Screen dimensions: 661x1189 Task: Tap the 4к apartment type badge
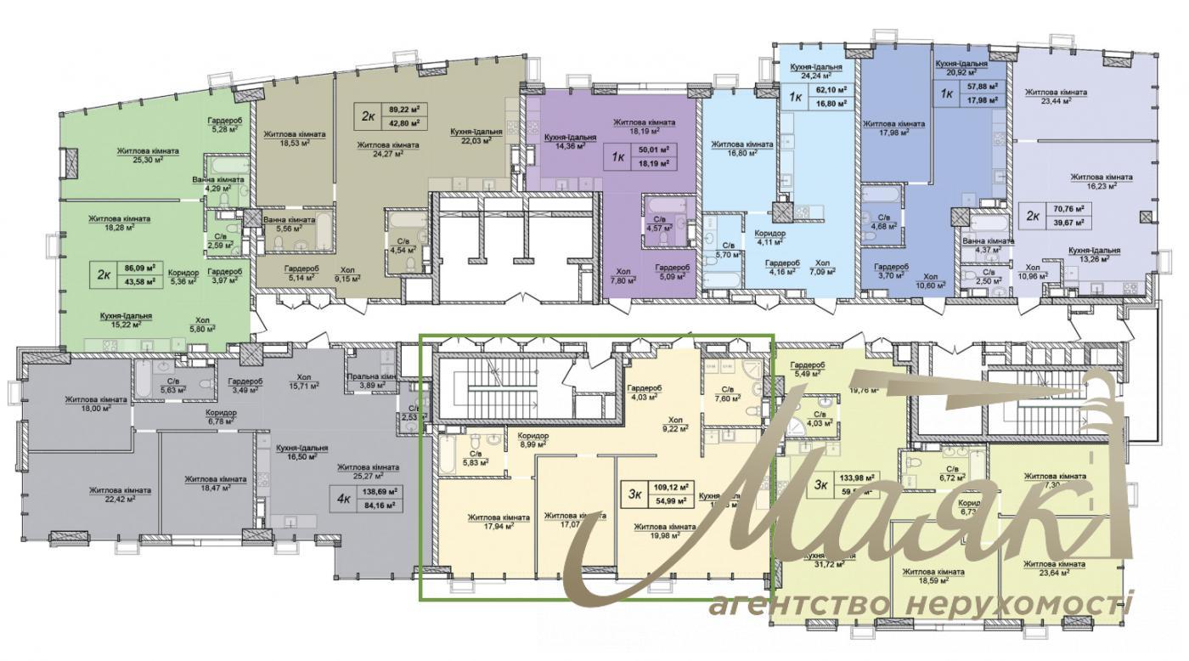pos(343,499)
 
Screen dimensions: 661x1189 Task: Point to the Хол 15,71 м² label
pos(303,381)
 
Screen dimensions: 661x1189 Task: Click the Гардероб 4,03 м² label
pos(645,393)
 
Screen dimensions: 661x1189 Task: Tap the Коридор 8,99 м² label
pos(533,440)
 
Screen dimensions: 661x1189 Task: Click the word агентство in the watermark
pos(797,605)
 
